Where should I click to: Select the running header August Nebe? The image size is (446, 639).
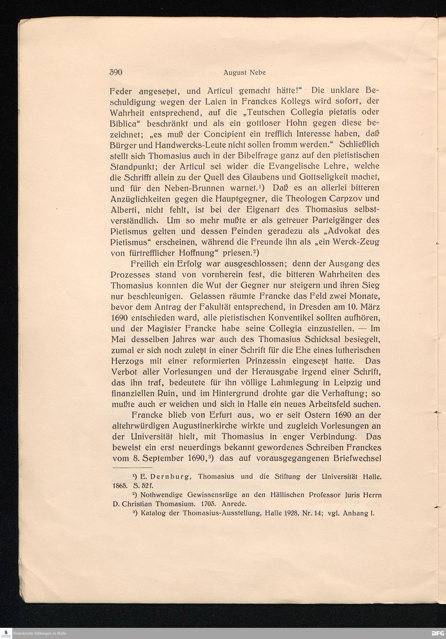click(245, 73)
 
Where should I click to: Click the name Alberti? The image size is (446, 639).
click(123, 210)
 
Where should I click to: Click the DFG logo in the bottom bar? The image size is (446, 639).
click(437, 633)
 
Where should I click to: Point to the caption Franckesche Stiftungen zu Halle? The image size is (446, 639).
click(39, 633)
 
